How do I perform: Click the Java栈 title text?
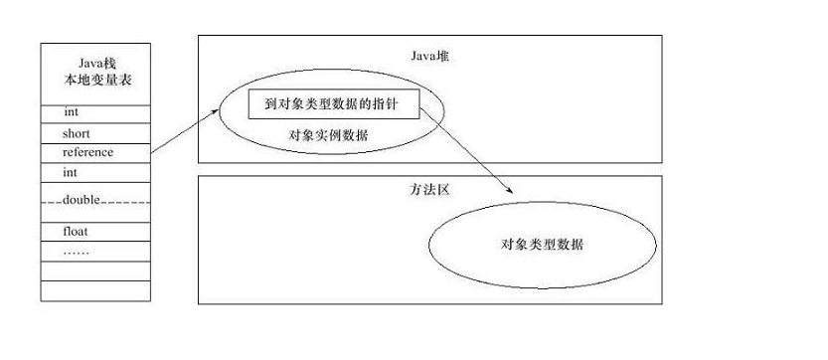[95, 62]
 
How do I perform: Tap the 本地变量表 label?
[95, 79]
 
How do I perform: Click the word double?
[83, 199]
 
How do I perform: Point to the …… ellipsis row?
[77, 252]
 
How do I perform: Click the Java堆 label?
[430, 55]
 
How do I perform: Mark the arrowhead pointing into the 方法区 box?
[509, 189]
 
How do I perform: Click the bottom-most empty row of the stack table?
[95, 290]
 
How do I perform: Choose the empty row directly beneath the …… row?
[95, 270]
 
